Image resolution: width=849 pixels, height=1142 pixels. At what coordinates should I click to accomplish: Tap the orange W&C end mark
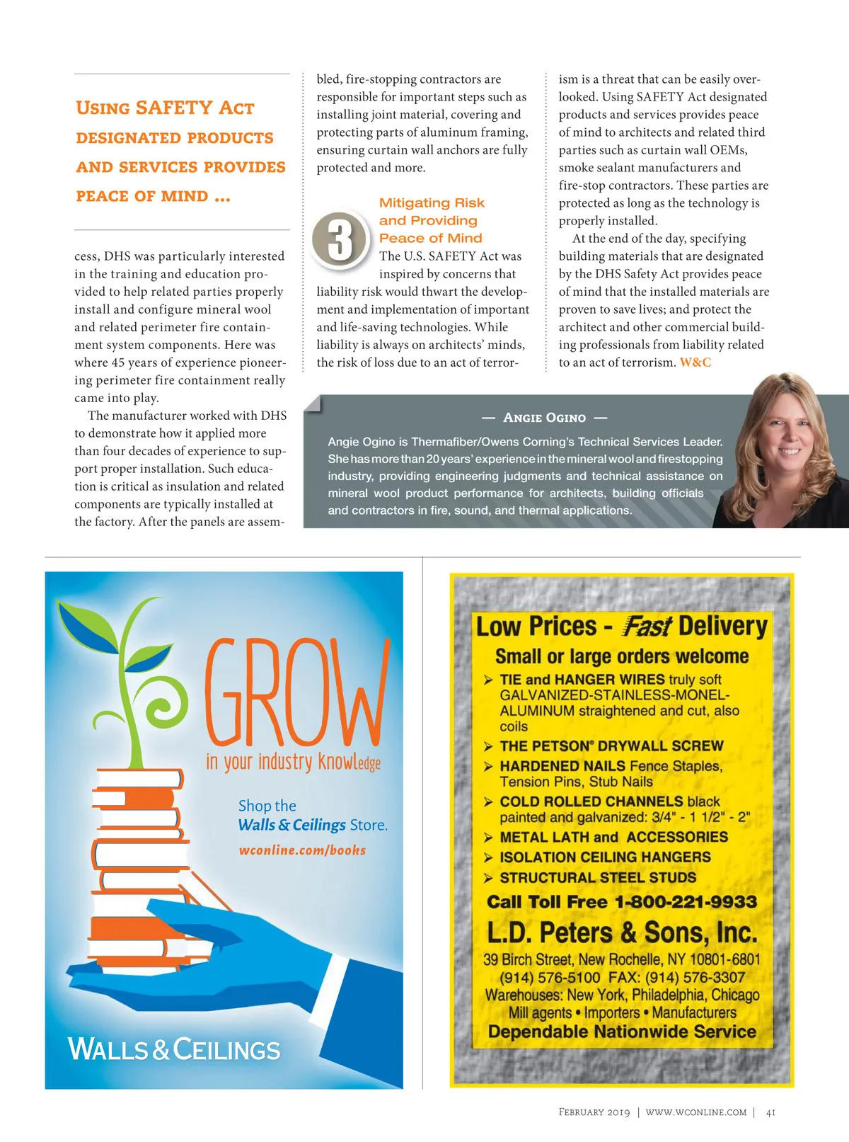click(695, 362)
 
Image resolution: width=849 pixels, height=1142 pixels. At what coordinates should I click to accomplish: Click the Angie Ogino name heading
click(544, 418)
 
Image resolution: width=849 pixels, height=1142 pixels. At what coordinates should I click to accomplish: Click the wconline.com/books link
click(302, 850)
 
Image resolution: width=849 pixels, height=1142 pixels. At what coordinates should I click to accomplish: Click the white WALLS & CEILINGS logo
click(174, 1049)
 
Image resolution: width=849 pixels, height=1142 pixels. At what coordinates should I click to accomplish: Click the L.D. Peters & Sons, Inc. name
click(622, 932)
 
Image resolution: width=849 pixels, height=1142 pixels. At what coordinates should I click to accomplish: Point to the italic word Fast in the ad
click(647, 627)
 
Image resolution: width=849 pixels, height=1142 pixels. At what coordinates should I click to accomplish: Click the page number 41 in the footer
click(770, 1112)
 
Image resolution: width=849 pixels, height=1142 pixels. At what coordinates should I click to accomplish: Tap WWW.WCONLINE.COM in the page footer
click(695, 1112)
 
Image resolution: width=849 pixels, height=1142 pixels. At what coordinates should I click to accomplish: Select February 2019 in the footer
click(594, 1112)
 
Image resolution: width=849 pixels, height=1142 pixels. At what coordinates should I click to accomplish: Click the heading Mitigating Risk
click(432, 203)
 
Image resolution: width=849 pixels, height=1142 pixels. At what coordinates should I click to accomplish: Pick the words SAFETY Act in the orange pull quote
click(195, 108)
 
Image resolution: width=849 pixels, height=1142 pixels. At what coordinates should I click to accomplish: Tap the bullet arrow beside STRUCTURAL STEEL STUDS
click(488, 879)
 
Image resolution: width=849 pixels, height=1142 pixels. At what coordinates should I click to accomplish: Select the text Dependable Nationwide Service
click(622, 1032)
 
